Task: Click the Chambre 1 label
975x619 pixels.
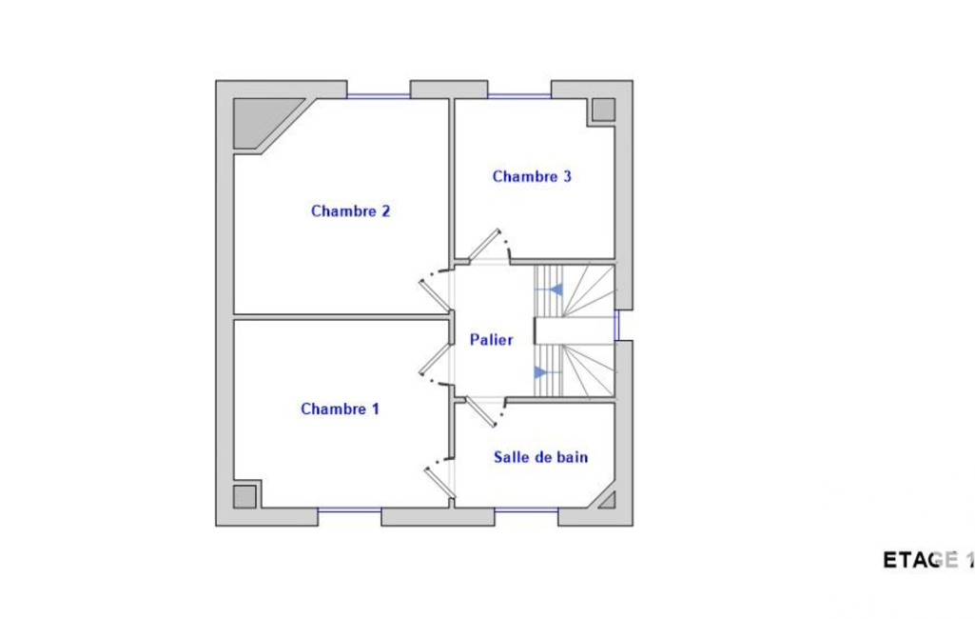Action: pos(340,409)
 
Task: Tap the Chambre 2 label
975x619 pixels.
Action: pos(350,211)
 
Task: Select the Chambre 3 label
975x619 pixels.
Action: pos(532,177)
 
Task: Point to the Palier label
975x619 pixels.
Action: pos(491,340)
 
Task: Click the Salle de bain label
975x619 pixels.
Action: pos(540,457)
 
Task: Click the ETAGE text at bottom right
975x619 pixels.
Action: pos(921,561)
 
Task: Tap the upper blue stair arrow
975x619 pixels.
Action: pos(549,290)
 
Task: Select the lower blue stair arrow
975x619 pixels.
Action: pos(548,373)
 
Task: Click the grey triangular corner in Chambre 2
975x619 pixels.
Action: pos(264,122)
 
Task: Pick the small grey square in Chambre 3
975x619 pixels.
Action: pos(603,110)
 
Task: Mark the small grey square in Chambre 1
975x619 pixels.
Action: pos(245,497)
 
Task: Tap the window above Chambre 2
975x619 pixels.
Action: pos(379,96)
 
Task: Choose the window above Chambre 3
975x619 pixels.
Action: pos(519,96)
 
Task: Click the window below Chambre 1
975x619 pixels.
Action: pos(349,510)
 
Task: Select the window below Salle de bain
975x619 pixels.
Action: pos(527,510)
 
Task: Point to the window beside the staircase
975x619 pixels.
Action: pos(616,325)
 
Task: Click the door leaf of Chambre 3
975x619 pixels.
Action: pos(484,245)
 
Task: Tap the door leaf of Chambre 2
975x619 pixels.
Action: pos(434,296)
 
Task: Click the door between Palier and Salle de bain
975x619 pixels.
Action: pos(481,411)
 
